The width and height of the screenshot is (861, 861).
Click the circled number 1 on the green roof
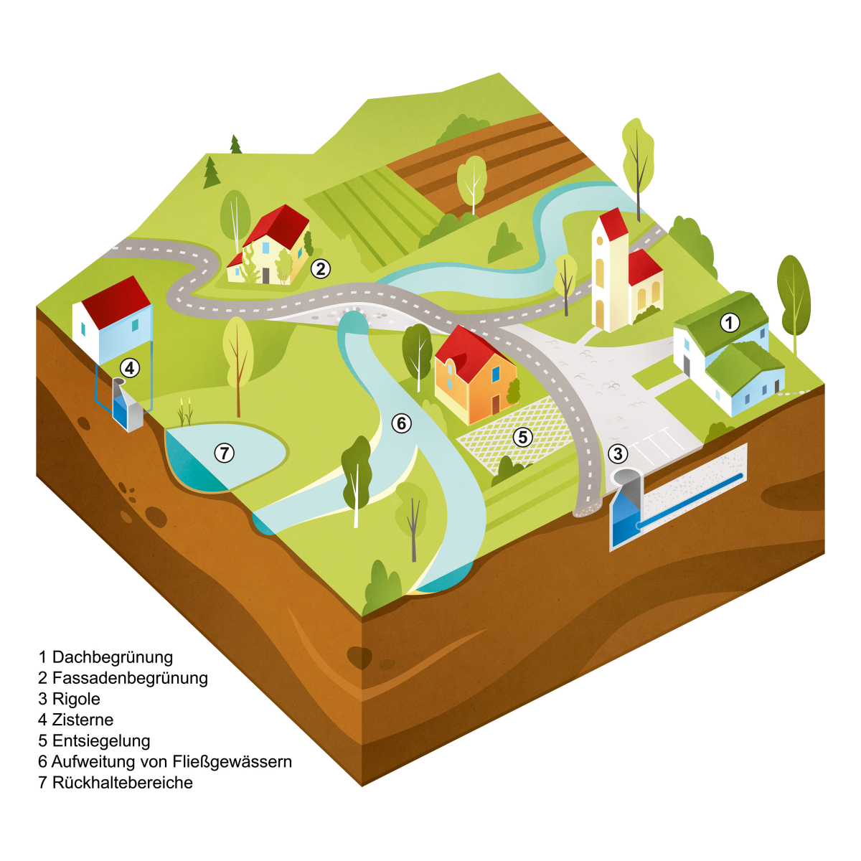730,323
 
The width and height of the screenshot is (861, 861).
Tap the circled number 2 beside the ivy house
320,269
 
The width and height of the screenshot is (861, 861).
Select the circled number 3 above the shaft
618,454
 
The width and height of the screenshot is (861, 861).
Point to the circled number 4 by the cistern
130,368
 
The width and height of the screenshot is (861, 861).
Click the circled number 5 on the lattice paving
523,438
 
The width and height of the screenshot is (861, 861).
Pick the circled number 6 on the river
401,423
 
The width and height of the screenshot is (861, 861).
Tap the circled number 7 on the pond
225,453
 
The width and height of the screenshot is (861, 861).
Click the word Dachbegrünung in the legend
113,657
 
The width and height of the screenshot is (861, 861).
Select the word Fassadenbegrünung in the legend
130,678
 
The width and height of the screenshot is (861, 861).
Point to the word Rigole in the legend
76,699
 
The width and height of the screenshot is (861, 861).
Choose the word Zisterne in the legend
83,720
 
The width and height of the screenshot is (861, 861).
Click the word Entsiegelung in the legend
101,740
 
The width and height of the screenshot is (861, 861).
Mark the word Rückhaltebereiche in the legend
123,783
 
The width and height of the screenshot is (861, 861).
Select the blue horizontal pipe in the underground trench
690,499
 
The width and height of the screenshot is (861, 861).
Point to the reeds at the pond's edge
185,412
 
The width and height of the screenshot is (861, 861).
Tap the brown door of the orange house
496,404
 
